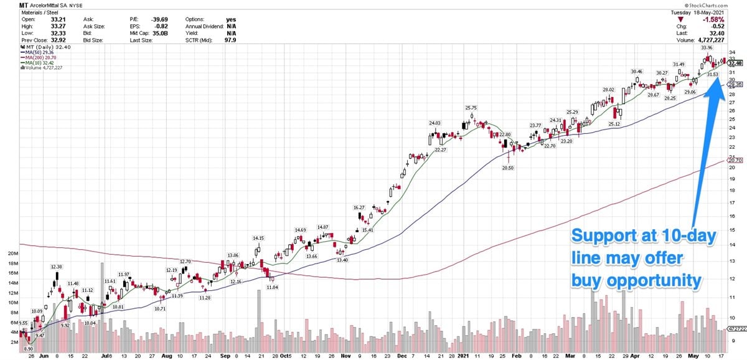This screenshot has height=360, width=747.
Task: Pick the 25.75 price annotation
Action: point(471,108)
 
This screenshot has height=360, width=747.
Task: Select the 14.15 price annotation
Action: point(258,238)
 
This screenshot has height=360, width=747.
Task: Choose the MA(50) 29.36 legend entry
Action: point(37,52)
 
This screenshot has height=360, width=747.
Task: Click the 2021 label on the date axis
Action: point(463,356)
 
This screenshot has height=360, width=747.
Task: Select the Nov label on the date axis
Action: point(346,356)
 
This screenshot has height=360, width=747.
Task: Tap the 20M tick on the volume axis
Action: point(12,254)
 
